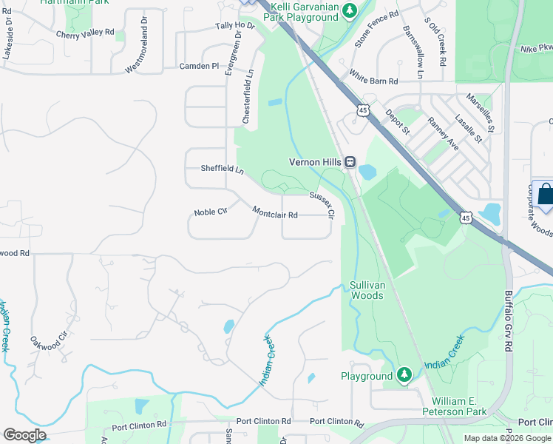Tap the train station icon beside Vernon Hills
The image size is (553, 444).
click(350, 162)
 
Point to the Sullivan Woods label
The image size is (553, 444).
click(367, 290)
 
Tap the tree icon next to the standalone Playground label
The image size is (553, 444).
click(404, 376)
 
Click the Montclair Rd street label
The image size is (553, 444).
click(275, 214)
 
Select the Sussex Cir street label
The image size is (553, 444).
click(322, 205)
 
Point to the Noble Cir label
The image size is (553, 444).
click(210, 212)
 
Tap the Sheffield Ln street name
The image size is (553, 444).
click(223, 169)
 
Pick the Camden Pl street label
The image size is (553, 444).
click(199, 66)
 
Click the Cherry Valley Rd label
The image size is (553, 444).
click(85, 33)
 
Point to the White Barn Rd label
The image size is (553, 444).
click(374, 76)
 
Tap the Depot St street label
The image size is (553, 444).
click(397, 123)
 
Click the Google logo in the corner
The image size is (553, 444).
click(24, 435)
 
